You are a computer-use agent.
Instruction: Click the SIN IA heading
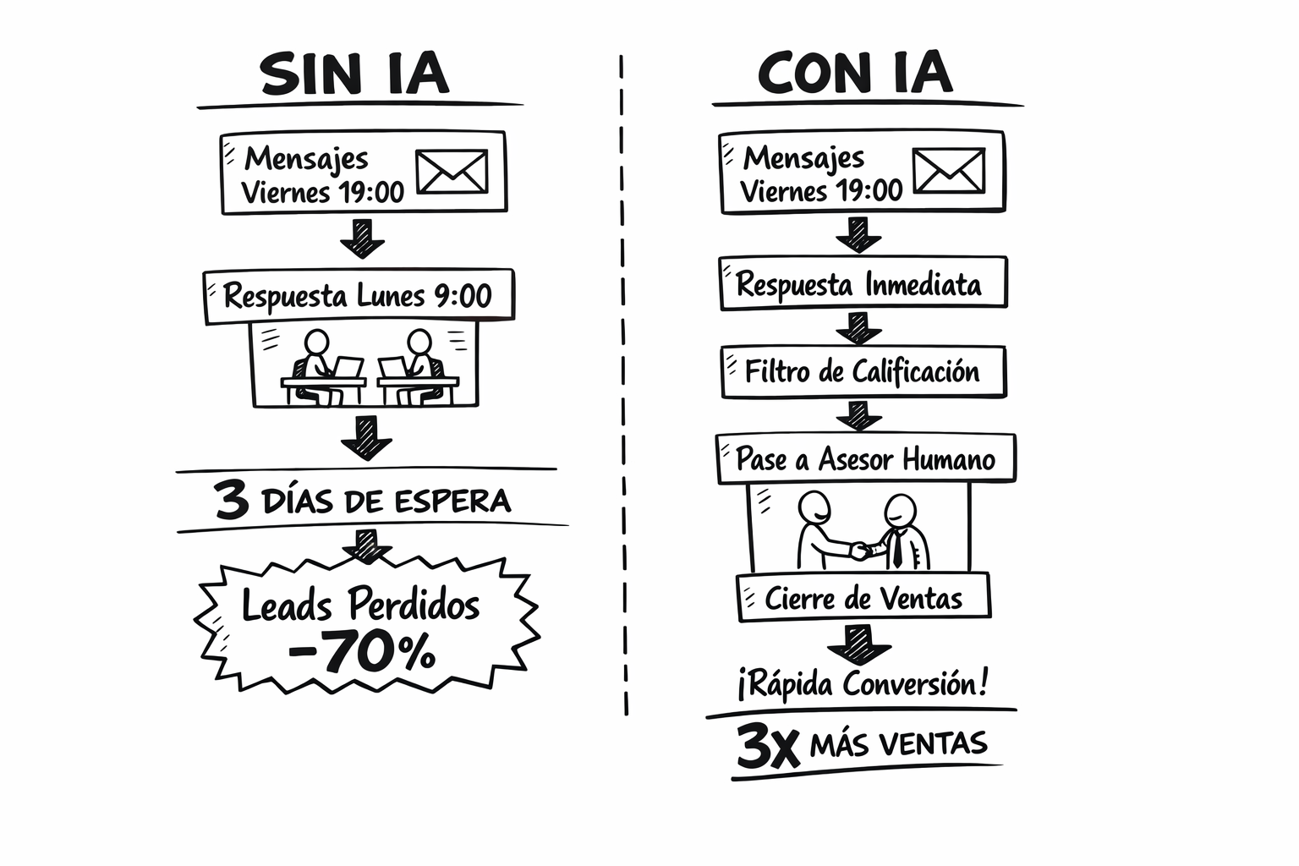pyautogui.click(x=354, y=73)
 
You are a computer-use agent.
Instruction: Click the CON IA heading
pyautogui.click(x=855, y=72)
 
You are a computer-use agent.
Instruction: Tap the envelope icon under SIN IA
pyautogui.click(x=452, y=172)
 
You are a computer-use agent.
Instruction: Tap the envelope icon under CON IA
pyautogui.click(x=949, y=171)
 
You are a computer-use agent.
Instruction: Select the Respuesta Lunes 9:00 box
pyautogui.click(x=359, y=296)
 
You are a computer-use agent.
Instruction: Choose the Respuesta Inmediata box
pyautogui.click(x=863, y=283)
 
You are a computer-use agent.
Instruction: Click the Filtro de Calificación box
pyautogui.click(x=863, y=372)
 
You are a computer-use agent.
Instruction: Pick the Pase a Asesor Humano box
pyautogui.click(x=866, y=458)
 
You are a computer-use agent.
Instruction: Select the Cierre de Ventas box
pyautogui.click(x=863, y=597)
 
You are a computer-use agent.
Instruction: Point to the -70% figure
pyautogui.click(x=362, y=651)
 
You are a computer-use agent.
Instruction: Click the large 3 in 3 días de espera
pyautogui.click(x=232, y=500)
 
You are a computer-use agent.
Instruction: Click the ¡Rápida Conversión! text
pyautogui.click(x=863, y=683)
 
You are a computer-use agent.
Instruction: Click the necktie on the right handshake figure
pyautogui.click(x=897, y=549)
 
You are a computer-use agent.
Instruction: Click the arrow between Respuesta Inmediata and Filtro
pyautogui.click(x=859, y=328)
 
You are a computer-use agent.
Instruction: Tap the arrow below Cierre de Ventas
pyautogui.click(x=859, y=644)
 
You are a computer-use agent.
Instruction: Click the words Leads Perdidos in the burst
pyautogui.click(x=361, y=605)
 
